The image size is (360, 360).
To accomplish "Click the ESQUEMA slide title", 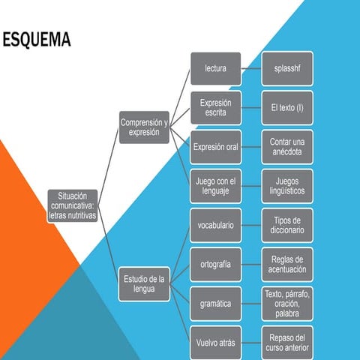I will pyautogui.click(x=36, y=40).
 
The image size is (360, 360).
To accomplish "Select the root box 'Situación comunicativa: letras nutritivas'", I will pyautogui.click(x=72, y=205).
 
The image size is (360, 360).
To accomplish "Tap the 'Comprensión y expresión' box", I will pyautogui.click(x=144, y=127).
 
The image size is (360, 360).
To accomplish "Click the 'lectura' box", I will pyautogui.click(x=215, y=68).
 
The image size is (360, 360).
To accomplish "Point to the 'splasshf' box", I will pyautogui.click(x=287, y=68).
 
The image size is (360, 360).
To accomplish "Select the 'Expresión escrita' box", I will pyautogui.click(x=215, y=108).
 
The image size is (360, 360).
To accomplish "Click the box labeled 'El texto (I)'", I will pyautogui.click(x=287, y=108).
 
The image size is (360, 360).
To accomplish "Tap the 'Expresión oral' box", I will pyautogui.click(x=215, y=147).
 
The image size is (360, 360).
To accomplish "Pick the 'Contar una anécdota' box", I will pyautogui.click(x=287, y=147).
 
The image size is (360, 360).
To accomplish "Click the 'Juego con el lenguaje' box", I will pyautogui.click(x=215, y=186).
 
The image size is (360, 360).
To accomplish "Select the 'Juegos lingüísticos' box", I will pyautogui.click(x=287, y=186).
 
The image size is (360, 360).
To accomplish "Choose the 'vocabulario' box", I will pyautogui.click(x=215, y=225).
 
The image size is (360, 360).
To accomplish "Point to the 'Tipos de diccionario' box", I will pyautogui.click(x=287, y=225).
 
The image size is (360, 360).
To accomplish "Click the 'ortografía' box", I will pyautogui.click(x=215, y=264).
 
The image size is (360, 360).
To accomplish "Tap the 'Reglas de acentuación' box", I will pyautogui.click(x=287, y=264).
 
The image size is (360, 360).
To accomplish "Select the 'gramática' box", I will pyautogui.click(x=215, y=304).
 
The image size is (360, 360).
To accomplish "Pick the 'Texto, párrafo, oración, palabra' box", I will pyautogui.click(x=287, y=304).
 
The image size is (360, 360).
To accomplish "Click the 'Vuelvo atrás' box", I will pyautogui.click(x=215, y=343).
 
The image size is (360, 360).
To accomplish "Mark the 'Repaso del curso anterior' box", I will pyautogui.click(x=287, y=343).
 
